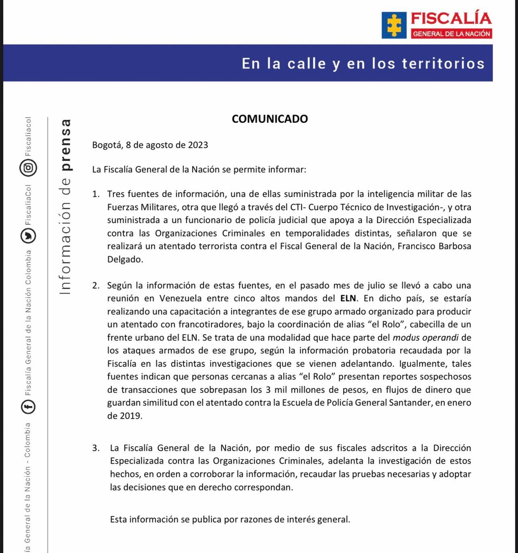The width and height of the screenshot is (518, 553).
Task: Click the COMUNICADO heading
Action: (x=270, y=119)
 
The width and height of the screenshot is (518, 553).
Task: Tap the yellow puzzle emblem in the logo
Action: (x=394, y=25)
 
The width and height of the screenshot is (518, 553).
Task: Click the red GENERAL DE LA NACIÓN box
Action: (x=451, y=34)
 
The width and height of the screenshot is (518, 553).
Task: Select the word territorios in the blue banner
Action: (x=443, y=63)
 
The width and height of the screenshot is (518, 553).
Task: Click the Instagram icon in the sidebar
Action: (x=28, y=167)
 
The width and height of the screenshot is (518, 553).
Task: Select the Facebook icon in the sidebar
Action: (x=28, y=406)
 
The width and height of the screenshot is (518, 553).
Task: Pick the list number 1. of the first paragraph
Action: (x=96, y=194)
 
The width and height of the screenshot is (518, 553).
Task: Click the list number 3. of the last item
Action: (x=96, y=448)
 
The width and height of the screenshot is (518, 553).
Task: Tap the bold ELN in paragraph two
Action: (x=348, y=298)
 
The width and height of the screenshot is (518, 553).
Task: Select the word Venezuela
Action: (x=180, y=298)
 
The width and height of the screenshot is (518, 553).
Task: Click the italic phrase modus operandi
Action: (x=426, y=338)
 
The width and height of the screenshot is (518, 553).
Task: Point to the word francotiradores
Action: (x=210, y=325)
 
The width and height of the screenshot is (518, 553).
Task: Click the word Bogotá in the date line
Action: (x=106, y=145)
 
